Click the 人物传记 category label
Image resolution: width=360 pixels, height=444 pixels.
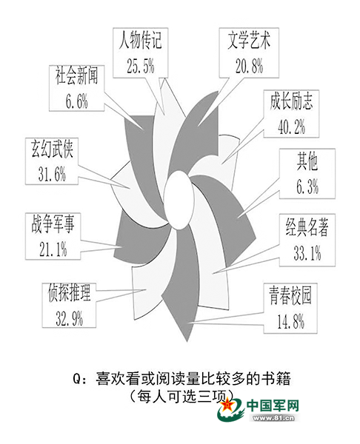(x=141, y=41)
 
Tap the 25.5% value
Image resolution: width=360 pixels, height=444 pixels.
(x=141, y=66)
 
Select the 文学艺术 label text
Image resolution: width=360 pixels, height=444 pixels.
(x=249, y=41)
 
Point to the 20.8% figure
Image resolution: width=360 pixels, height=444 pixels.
(x=250, y=66)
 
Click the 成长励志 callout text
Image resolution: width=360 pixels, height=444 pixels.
(x=291, y=101)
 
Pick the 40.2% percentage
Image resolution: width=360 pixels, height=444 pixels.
(x=291, y=127)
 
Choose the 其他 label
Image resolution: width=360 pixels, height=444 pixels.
(x=307, y=162)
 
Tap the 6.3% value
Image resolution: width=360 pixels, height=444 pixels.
(x=307, y=186)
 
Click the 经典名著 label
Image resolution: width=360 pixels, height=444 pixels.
(x=307, y=227)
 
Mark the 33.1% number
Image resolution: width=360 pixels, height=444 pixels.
(x=307, y=253)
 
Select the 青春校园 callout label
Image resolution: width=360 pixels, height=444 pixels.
(x=290, y=296)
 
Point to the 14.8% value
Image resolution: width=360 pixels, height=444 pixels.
(x=290, y=321)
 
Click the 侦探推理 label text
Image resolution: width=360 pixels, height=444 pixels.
(x=69, y=293)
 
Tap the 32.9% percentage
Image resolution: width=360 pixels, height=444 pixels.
(x=69, y=318)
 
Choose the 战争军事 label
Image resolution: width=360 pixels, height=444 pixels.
(x=53, y=223)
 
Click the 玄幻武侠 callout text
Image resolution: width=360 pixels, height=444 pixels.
(x=52, y=149)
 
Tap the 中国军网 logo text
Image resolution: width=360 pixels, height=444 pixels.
(x=273, y=406)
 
